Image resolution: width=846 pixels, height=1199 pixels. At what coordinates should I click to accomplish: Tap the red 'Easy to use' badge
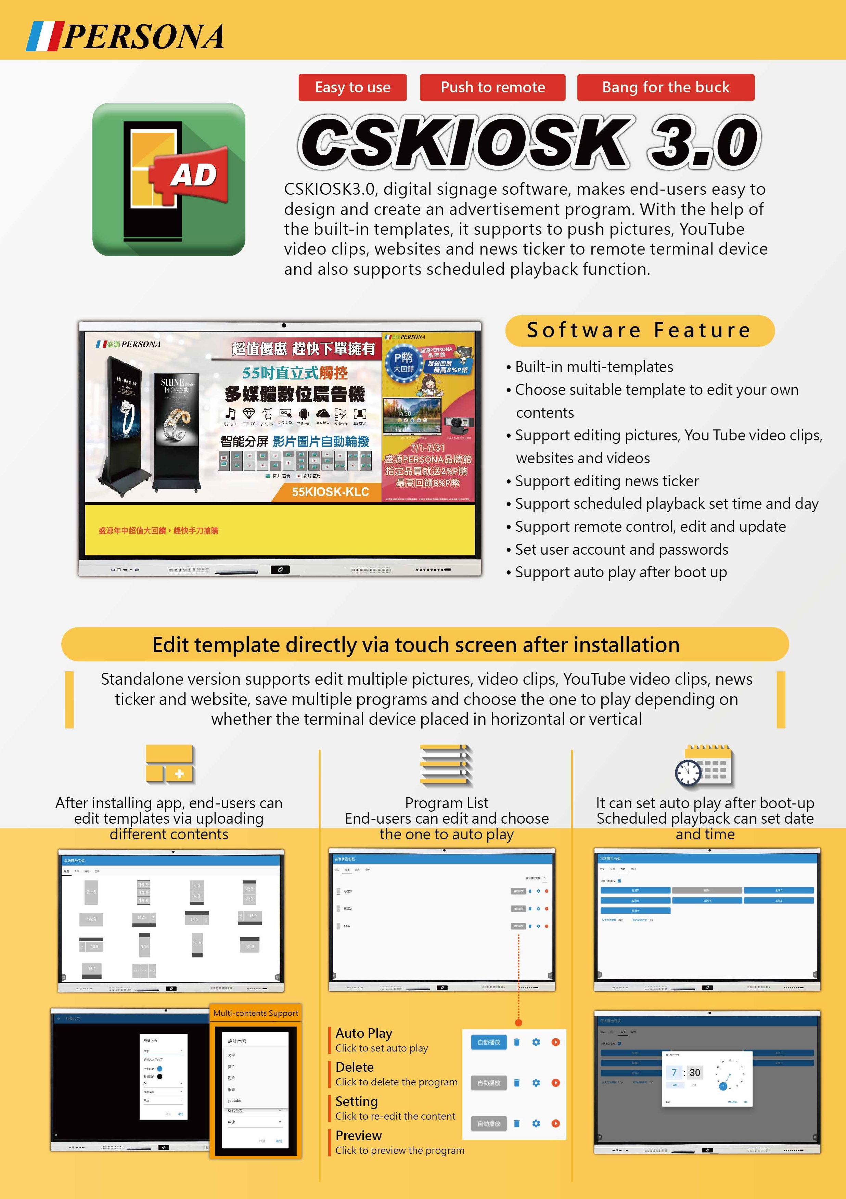coord(352,87)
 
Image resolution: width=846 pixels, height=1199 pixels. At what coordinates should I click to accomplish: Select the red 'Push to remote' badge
coord(492,87)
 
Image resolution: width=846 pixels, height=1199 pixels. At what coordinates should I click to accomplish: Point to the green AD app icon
coord(169,179)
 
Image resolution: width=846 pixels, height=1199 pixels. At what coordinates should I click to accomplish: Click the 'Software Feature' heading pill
coord(639,331)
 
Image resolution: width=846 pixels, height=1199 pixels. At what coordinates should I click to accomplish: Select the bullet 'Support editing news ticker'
coord(606,481)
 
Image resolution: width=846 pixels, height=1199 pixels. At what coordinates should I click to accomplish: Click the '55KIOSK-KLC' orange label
coord(330,492)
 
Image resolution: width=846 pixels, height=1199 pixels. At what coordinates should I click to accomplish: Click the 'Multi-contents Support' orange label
coord(255,1013)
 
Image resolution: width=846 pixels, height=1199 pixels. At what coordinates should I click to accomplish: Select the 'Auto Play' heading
coord(363,1033)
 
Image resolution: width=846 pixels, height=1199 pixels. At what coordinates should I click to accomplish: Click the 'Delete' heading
coord(355,1067)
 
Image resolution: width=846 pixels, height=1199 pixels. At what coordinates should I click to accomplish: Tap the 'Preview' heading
coord(358,1136)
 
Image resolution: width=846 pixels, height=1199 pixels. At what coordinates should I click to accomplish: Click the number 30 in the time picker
coord(694,1073)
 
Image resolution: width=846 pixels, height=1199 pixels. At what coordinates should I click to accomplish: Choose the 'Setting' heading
coord(356,1101)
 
